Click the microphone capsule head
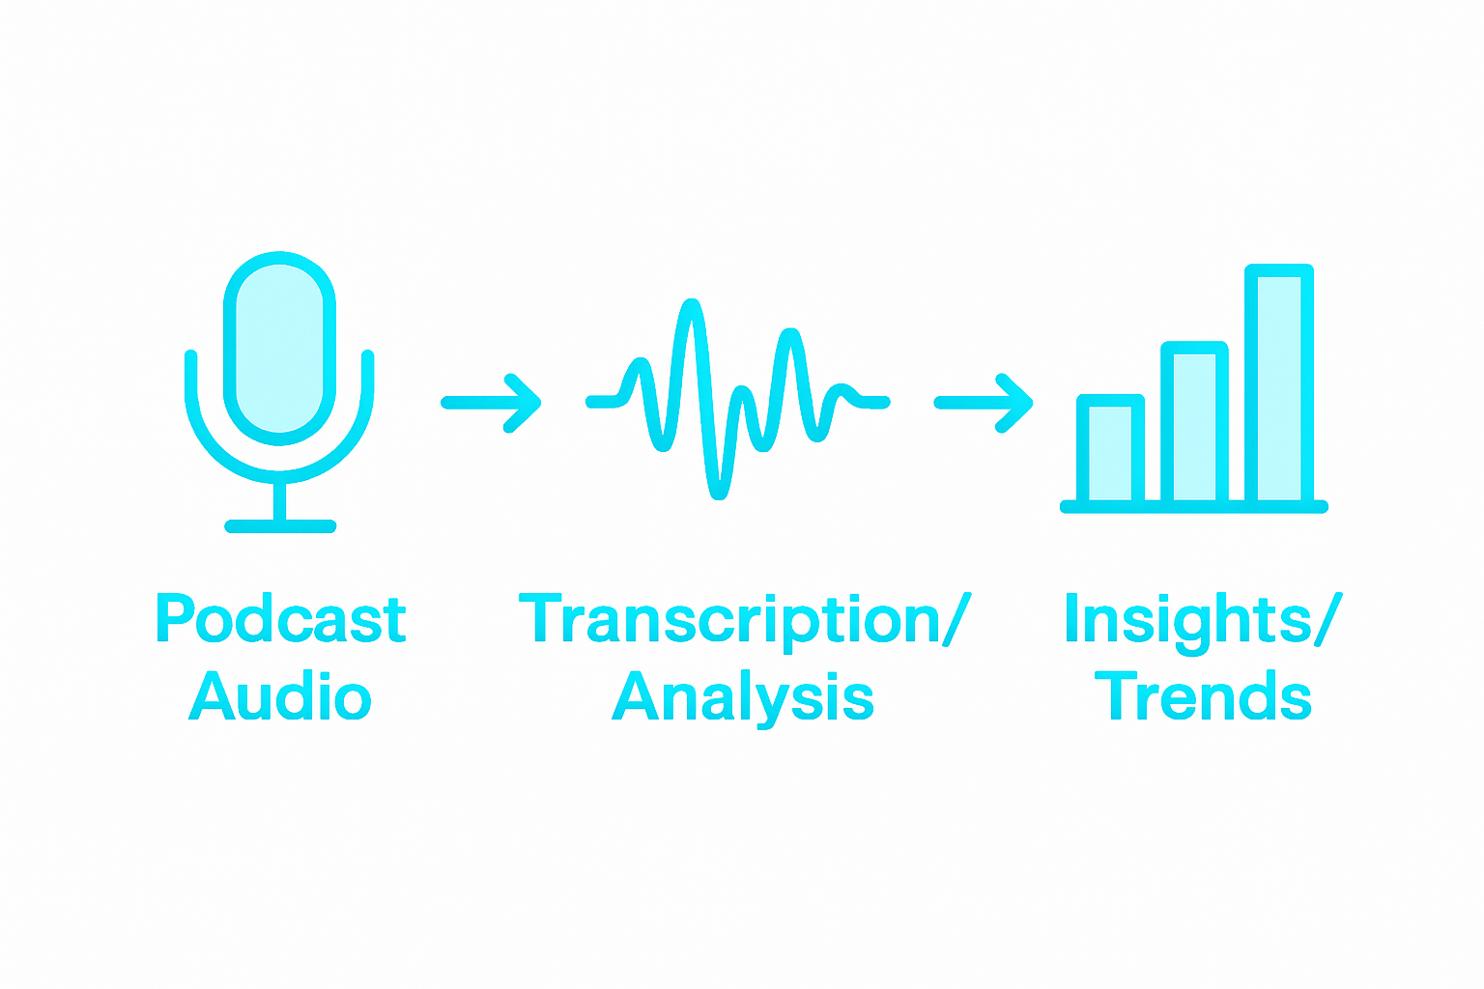(x=279, y=348)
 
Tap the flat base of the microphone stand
(x=280, y=526)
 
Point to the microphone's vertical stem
(x=280, y=500)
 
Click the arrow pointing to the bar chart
(x=984, y=403)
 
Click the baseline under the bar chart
(x=1194, y=507)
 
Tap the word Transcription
(x=729, y=620)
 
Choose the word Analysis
(x=743, y=697)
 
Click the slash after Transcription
(x=956, y=620)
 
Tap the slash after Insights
(x=1328, y=620)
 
